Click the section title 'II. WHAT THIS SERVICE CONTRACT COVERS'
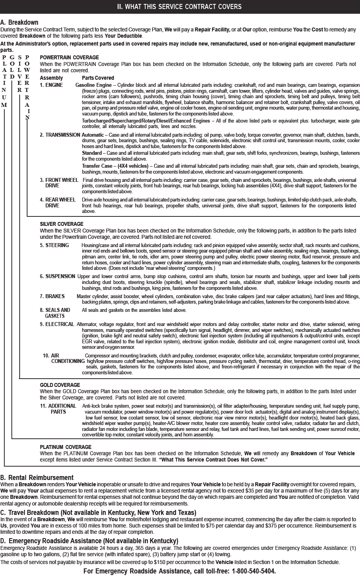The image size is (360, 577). [180, 7]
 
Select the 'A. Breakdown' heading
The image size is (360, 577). [19, 23]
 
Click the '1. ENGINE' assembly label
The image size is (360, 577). [51, 85]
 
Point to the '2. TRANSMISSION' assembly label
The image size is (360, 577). [60, 135]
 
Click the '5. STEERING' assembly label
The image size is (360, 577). [54, 245]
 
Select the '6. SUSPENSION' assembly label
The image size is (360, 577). [57, 277]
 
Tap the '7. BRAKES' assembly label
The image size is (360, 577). [52, 296]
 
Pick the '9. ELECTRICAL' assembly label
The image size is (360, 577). [57, 324]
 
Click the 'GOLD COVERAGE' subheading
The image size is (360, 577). [60, 385]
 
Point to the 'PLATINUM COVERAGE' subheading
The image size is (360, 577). [66, 447]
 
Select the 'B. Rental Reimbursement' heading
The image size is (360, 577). [37, 478]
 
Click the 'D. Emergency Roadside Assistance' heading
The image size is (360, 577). [89, 541]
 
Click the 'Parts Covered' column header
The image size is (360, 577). [98, 78]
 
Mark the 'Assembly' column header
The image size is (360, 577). [51, 78]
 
